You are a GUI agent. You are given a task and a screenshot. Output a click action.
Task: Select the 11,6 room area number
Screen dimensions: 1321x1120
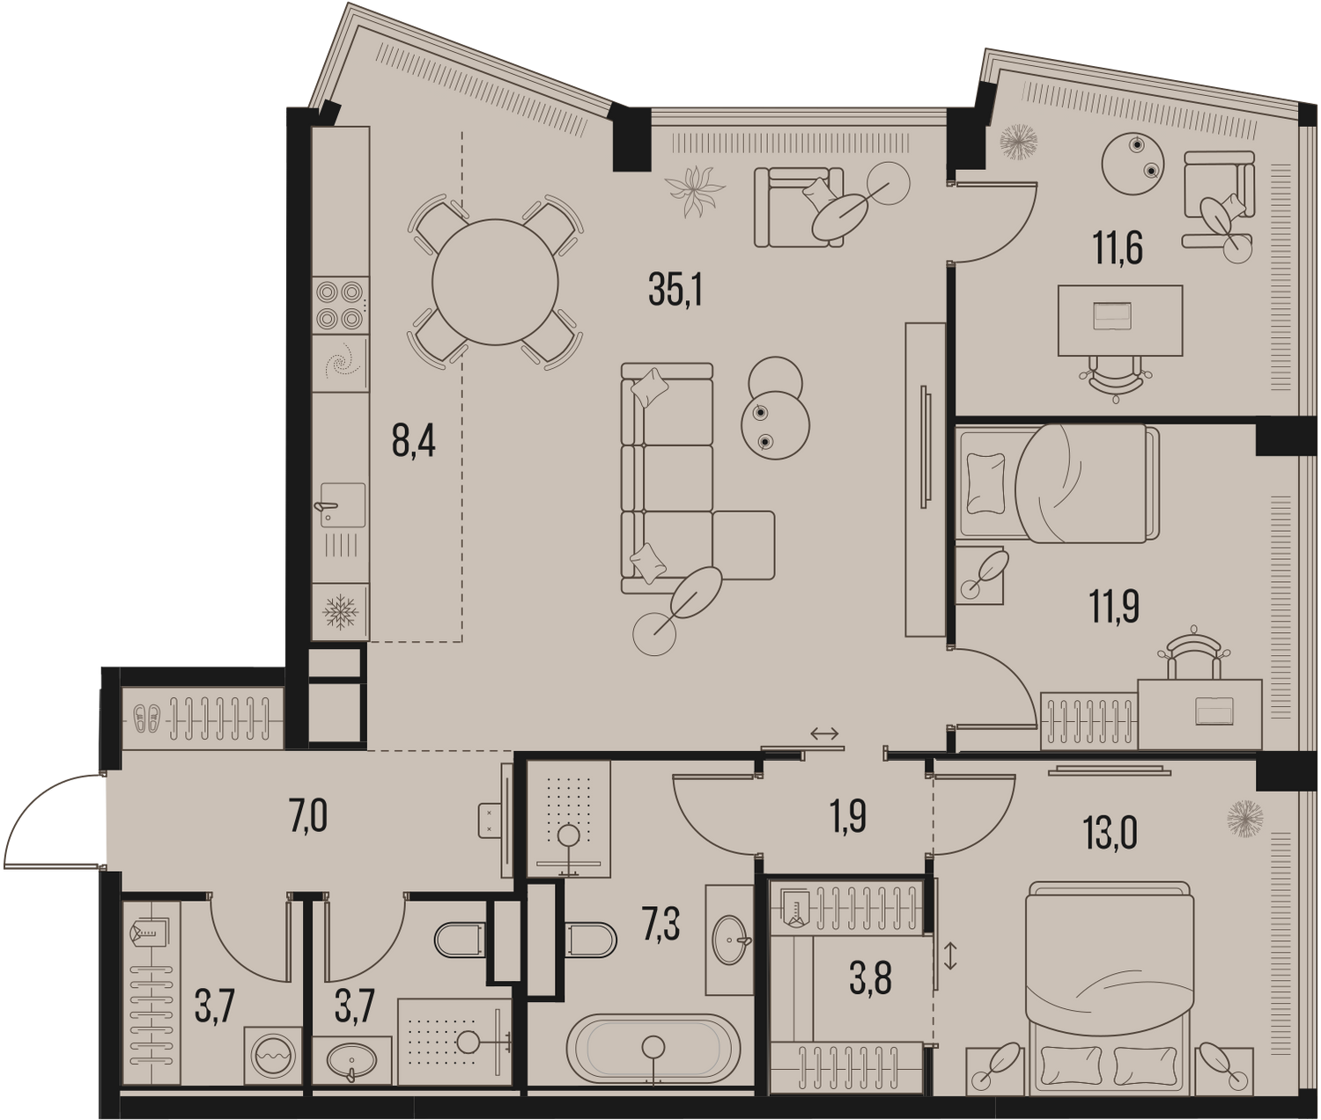pos(1118,248)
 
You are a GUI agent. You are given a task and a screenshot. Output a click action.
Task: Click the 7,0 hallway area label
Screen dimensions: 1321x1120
pos(309,819)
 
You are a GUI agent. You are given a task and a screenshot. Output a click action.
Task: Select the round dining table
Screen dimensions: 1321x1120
pos(495,282)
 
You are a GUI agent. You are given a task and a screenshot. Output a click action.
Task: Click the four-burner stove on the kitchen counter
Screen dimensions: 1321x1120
pos(340,305)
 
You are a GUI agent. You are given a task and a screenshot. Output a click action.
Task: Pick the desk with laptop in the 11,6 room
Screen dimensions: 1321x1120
pos(1120,321)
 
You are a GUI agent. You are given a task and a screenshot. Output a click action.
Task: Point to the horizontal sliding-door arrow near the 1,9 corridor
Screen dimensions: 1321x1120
pos(823,733)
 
